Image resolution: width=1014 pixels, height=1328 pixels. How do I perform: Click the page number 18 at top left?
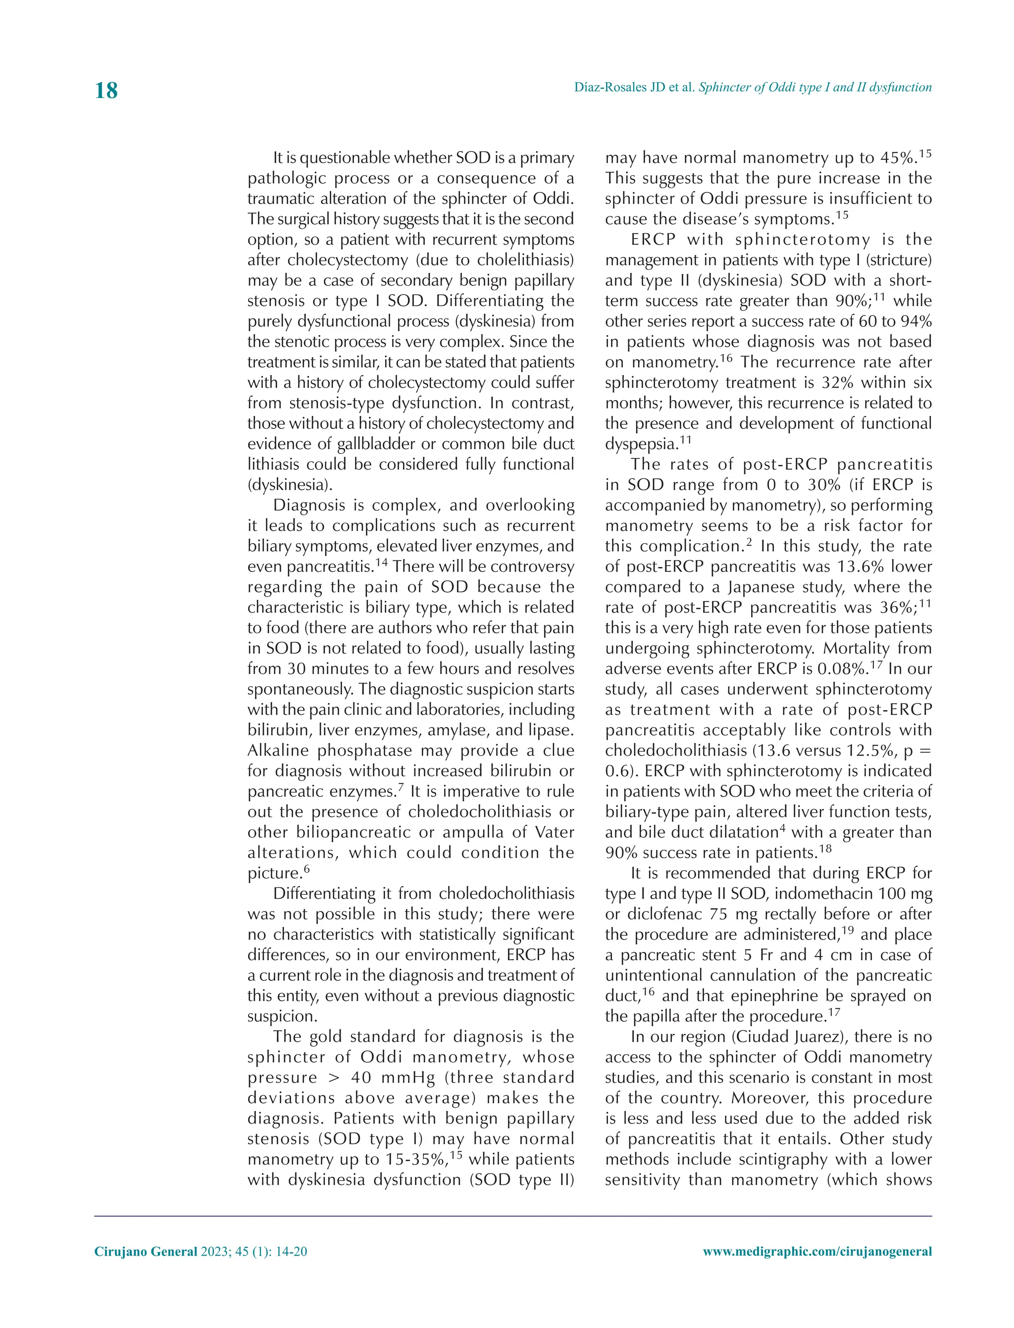tap(106, 91)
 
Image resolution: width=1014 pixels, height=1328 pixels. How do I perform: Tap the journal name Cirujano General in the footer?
tap(146, 1251)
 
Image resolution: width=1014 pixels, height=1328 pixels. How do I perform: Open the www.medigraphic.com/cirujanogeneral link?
tap(817, 1251)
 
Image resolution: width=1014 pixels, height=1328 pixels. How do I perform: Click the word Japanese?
tap(761, 587)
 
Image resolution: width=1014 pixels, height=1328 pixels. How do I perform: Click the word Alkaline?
tap(278, 750)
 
